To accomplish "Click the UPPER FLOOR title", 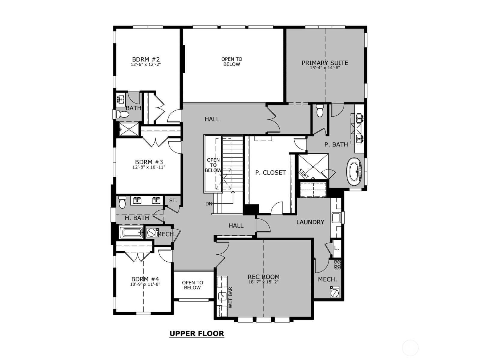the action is coord(196,334).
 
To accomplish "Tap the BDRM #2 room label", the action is coord(146,59).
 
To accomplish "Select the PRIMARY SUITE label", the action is coord(325,63).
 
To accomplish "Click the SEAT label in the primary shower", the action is coord(304,174).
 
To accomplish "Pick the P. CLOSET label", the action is coord(271,173).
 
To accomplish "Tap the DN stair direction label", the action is coord(208,204).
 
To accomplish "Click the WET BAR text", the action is coord(230,298).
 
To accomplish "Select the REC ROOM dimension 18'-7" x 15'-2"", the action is coord(263,282).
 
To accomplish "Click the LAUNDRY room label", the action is coord(310,222).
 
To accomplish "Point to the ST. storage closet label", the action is coord(173,200).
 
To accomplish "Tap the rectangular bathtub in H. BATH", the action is coord(131,232).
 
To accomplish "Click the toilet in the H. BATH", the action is coord(122,202).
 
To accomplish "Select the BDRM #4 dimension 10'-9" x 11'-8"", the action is coord(145,284).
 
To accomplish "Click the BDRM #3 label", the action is coord(149,162).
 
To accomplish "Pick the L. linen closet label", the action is coord(337,248).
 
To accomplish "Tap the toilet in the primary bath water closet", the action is coord(320,110).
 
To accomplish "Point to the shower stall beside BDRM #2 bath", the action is coord(129,129).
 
